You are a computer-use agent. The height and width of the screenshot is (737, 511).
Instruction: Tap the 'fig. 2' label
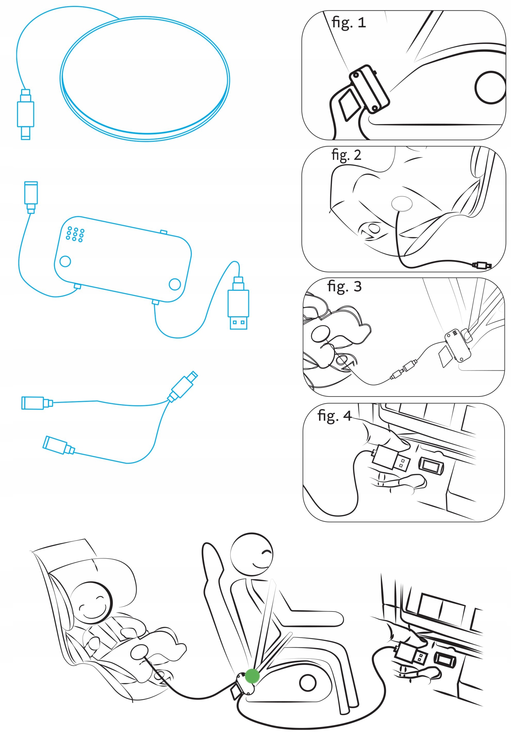[346, 155]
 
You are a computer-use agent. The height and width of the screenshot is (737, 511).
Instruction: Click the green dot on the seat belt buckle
[252, 676]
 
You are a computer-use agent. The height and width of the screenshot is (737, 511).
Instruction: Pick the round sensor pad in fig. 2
[402, 203]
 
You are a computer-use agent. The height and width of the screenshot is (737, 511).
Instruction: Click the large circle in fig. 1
[490, 87]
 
